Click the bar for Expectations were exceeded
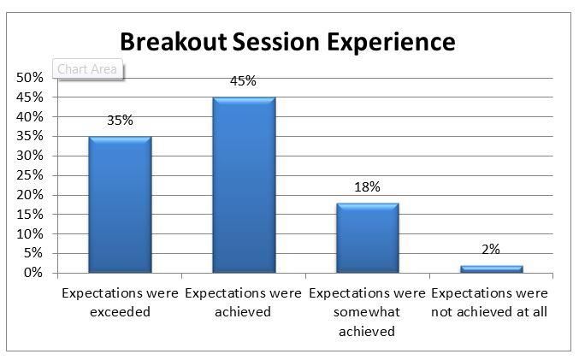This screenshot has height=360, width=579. pyautogui.click(x=120, y=205)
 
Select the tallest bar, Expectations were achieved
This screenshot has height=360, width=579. pyautogui.click(x=244, y=185)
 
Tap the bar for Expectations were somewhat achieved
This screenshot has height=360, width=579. pyautogui.click(x=368, y=239)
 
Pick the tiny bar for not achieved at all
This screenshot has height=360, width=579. pyautogui.click(x=492, y=269)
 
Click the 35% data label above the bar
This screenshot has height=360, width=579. pyautogui.click(x=120, y=121)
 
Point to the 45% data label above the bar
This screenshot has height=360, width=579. pyautogui.click(x=243, y=81)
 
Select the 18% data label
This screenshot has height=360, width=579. pyautogui.click(x=367, y=187)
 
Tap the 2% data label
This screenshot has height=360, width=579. pyautogui.click(x=491, y=249)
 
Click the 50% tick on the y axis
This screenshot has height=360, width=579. pyautogui.click(x=30, y=78)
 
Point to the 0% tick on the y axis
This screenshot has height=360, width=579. pyautogui.click(x=33, y=273)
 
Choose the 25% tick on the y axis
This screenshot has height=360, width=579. pyautogui.click(x=30, y=175)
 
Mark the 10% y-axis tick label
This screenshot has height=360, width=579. pyautogui.click(x=30, y=233)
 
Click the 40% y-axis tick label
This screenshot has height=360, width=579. pyautogui.click(x=30, y=116)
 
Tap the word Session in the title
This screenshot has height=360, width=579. pyautogui.click(x=276, y=41)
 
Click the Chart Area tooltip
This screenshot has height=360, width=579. pyautogui.click(x=87, y=68)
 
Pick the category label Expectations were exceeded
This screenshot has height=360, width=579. pyautogui.click(x=120, y=303)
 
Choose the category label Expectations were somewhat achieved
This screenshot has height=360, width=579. pyautogui.click(x=367, y=312)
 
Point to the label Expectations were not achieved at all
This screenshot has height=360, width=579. pyautogui.click(x=489, y=303)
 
